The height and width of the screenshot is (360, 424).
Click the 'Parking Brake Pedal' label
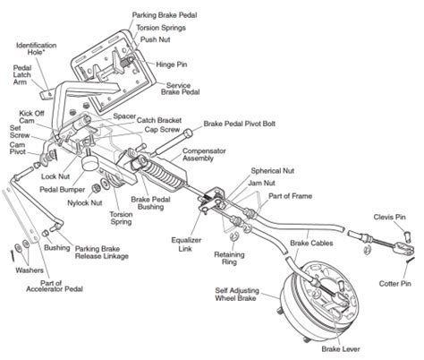click(x=165, y=15)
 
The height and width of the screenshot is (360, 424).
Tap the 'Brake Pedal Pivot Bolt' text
click(x=239, y=124)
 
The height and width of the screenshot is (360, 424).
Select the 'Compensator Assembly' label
click(x=204, y=155)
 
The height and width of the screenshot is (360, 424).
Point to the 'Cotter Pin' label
click(x=394, y=283)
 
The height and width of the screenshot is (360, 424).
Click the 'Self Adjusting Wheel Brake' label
click(x=237, y=295)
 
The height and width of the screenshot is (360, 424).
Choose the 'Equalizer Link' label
click(x=186, y=244)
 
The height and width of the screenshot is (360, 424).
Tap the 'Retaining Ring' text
click(x=229, y=258)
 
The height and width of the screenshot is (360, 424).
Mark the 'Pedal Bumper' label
click(x=63, y=190)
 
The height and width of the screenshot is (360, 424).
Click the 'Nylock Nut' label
click(x=85, y=203)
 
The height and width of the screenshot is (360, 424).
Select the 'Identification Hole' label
click(x=37, y=48)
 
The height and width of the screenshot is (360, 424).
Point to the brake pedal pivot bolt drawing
click(x=171, y=142)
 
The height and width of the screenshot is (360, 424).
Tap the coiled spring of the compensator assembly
click(x=164, y=174)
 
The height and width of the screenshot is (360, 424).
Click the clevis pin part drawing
click(x=408, y=236)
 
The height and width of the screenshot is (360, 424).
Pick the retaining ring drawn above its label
click(x=234, y=237)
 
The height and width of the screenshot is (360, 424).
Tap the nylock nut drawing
click(x=97, y=189)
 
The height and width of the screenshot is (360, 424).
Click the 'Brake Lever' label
click(x=341, y=349)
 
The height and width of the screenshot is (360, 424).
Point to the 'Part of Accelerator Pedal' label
click(x=55, y=286)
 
